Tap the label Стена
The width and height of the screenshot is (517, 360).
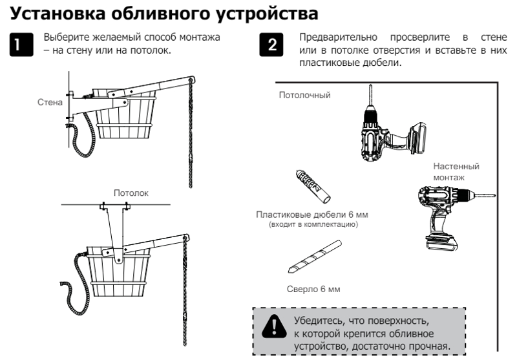click(49, 102)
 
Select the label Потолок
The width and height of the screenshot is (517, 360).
click(131, 193)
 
